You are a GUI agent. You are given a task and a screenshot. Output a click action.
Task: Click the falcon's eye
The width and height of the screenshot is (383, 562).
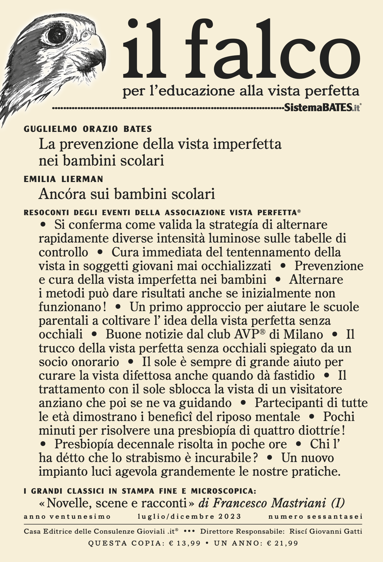(57, 33)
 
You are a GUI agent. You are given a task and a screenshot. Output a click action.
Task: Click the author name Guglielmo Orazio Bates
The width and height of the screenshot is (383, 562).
(88, 129)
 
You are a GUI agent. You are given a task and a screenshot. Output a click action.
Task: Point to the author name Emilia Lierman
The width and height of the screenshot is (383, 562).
(63, 179)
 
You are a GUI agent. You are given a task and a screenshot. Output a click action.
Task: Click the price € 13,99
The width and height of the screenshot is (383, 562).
(185, 543)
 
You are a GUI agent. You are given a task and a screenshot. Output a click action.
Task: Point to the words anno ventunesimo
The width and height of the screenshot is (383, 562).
(67, 516)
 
